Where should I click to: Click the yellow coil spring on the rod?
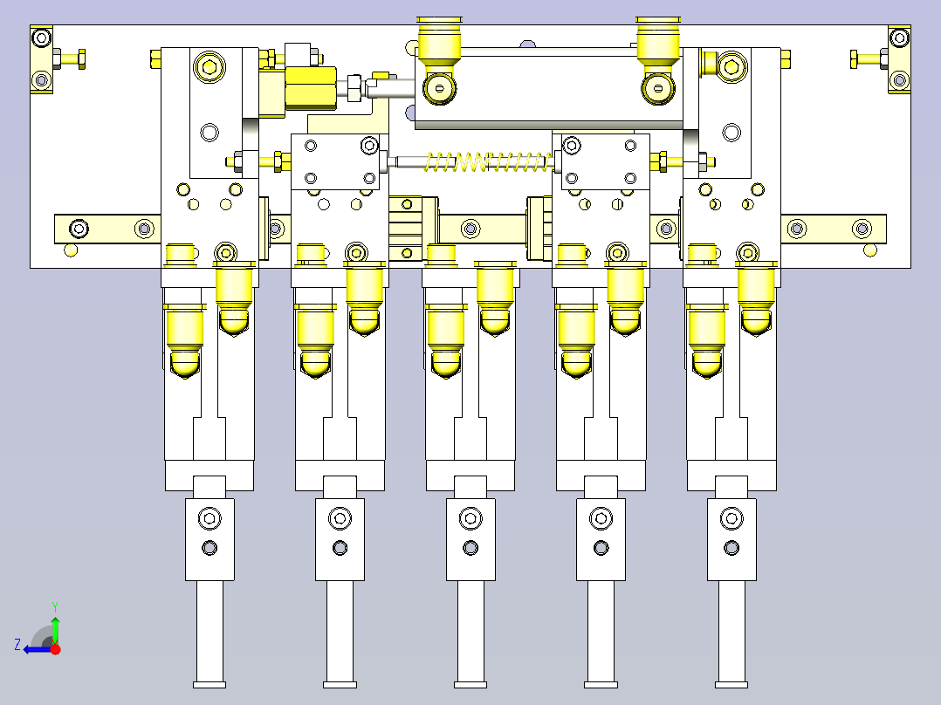click(487, 161)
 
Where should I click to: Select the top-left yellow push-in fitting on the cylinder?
click(439, 41)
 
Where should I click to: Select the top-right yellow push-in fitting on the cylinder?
click(658, 41)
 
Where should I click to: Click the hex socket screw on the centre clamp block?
click(470, 518)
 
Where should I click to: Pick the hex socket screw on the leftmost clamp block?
click(209, 518)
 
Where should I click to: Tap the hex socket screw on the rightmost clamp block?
click(732, 518)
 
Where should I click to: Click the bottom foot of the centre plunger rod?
click(470, 685)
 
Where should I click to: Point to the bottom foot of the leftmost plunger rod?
click(209, 685)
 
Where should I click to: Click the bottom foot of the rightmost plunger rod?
click(732, 685)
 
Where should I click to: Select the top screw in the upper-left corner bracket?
click(41, 38)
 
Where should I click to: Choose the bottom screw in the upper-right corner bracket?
click(899, 79)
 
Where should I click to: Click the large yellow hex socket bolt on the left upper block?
click(209, 66)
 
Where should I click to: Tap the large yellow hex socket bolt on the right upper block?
click(732, 66)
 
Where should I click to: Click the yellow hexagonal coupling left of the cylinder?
click(310, 88)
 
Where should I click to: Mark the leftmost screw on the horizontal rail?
click(79, 229)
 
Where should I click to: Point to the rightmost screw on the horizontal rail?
click(862, 229)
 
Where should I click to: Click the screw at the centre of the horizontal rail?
click(470, 229)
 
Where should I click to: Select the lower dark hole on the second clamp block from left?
click(340, 548)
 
